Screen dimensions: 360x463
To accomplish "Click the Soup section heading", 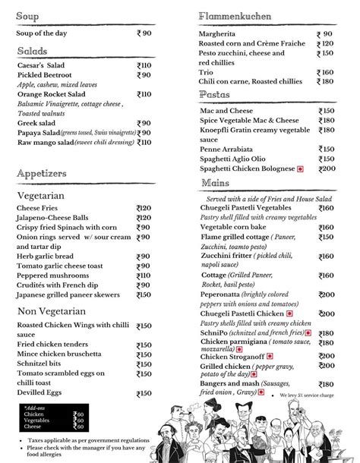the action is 29,16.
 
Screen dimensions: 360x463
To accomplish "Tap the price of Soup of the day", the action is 144,33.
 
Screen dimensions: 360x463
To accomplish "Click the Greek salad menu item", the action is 36,123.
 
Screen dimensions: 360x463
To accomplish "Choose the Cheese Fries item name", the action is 39,208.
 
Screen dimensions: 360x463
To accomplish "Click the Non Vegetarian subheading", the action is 52,311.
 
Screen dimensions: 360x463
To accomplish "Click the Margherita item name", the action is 221,34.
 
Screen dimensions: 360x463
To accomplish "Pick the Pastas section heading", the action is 215,94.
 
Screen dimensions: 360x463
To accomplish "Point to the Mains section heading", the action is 216,184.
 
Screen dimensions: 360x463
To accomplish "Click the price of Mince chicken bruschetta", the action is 144,354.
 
